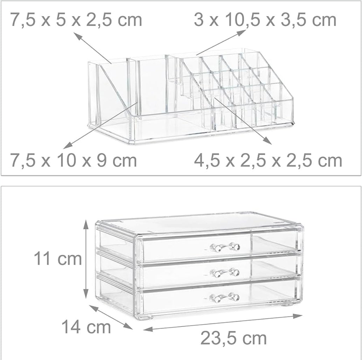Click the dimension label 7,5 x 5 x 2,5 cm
click(x=76, y=20)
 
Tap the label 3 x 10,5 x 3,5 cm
click(x=265, y=20)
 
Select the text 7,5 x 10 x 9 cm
click(x=74, y=160)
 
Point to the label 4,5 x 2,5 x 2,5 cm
click(x=268, y=160)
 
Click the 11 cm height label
click(x=57, y=259)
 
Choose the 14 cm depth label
click(x=86, y=327)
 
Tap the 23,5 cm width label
click(x=234, y=338)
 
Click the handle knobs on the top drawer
click(x=225, y=247)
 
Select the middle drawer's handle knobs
click(x=225, y=272)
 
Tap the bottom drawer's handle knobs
click(x=225, y=298)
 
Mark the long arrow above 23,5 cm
click(x=223, y=323)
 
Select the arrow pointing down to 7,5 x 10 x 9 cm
click(x=102, y=125)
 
